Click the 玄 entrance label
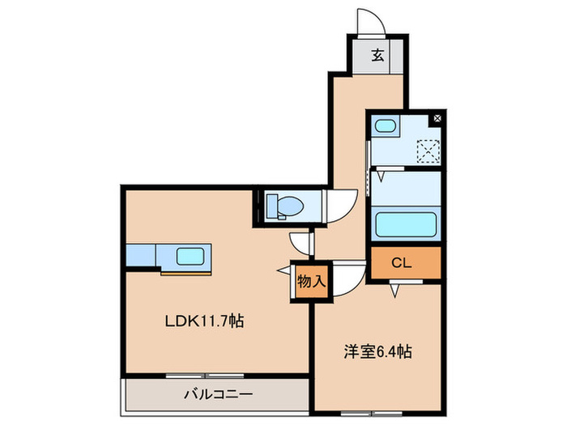coord(377,56)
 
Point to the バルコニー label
coord(216,394)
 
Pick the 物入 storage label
coord(311,282)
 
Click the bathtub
coord(405,223)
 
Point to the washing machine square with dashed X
coord(427,150)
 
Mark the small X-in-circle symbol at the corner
coord(437,118)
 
